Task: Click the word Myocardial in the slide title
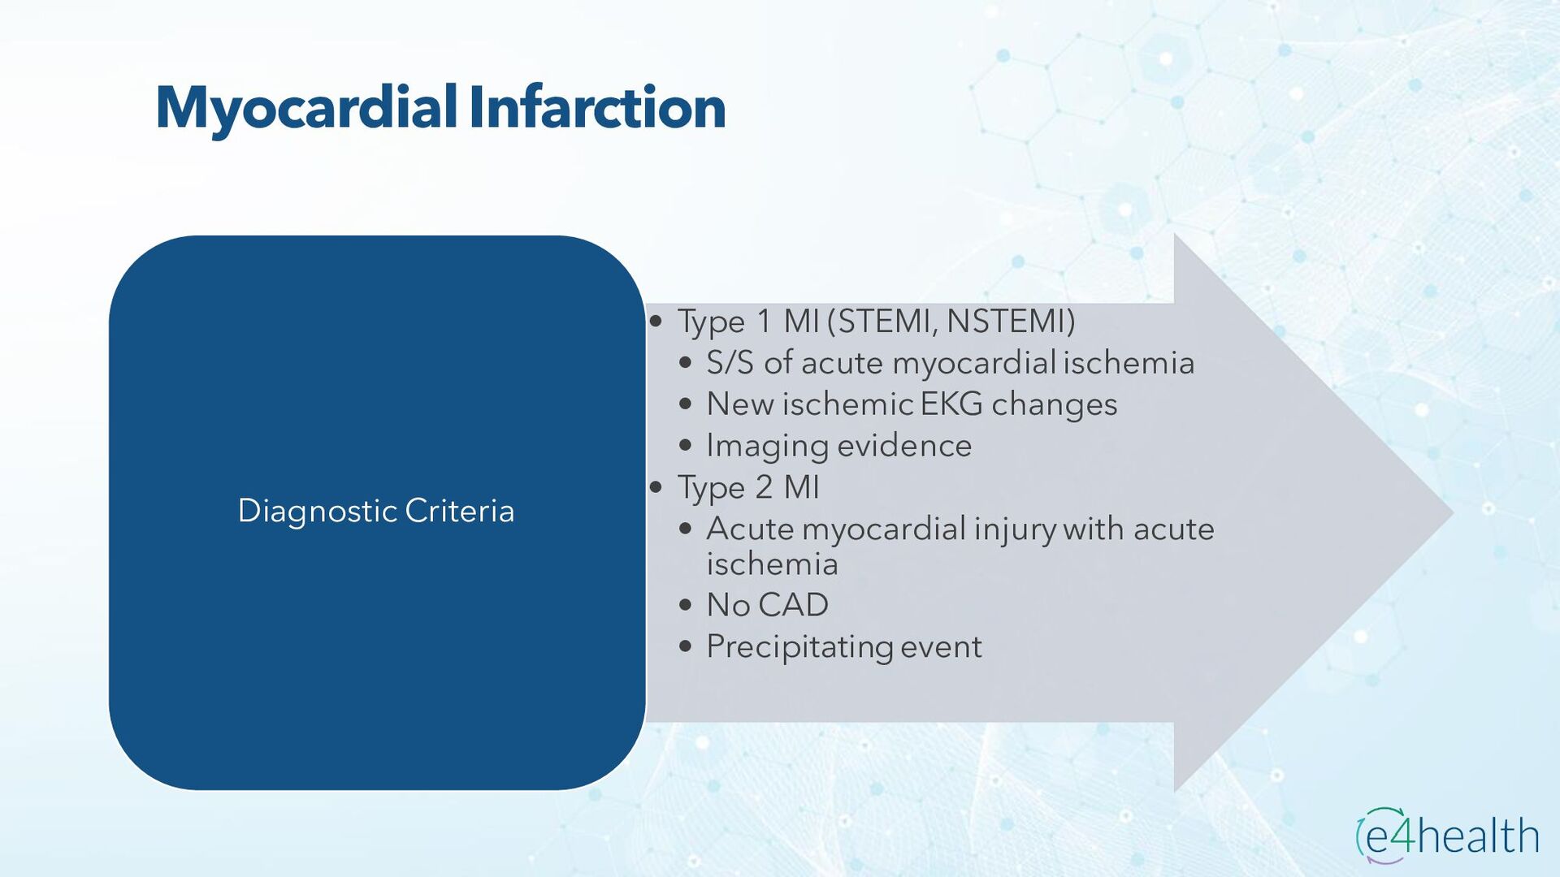[307, 109]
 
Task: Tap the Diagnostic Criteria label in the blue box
[376, 512]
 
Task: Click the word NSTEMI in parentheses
[1006, 321]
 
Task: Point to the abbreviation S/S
[730, 363]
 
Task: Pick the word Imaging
[767, 447]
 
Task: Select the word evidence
[904, 446]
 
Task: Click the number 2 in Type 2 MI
[764, 487]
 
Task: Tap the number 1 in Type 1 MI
[764, 322]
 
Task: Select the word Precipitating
[799, 648]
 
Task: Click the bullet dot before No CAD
[686, 606]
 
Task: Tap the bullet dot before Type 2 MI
[656, 487]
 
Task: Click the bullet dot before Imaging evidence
[686, 446]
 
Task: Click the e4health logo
[1446, 835]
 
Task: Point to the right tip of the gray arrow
[1454, 512]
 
